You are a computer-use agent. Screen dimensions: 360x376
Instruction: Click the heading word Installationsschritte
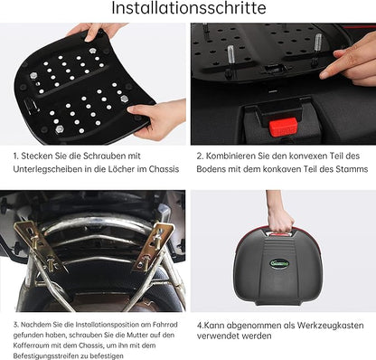[x=188, y=10]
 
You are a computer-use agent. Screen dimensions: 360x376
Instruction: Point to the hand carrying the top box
[x=279, y=217]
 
